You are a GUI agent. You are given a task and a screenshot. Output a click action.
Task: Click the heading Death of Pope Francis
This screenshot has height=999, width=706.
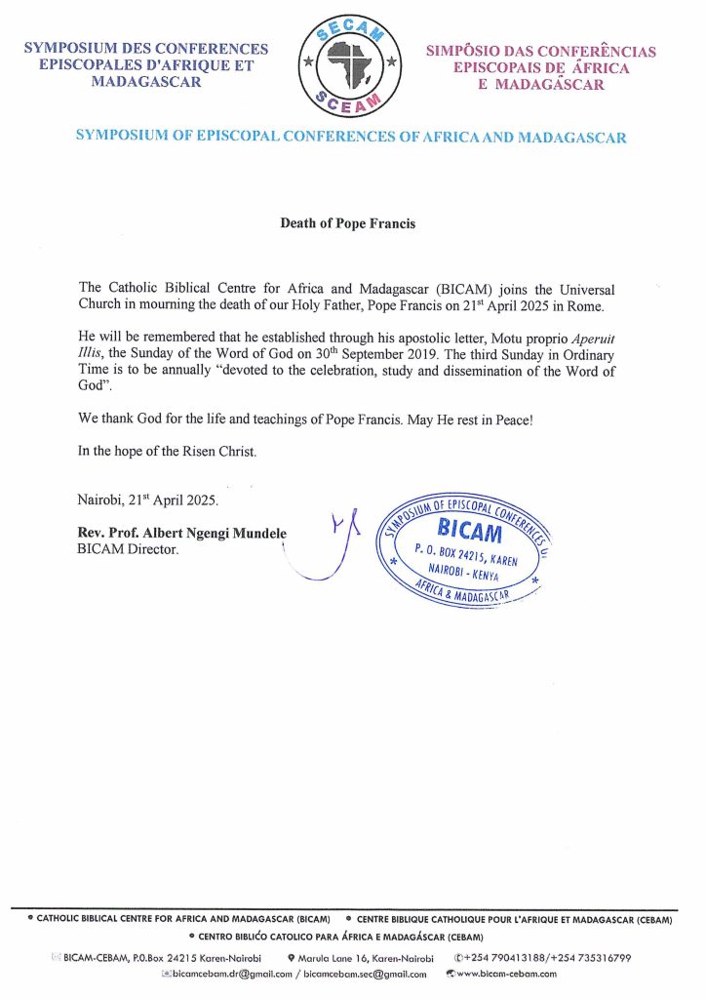click(x=348, y=223)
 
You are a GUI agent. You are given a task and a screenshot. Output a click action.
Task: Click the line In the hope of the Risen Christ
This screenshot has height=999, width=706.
click(x=167, y=452)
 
